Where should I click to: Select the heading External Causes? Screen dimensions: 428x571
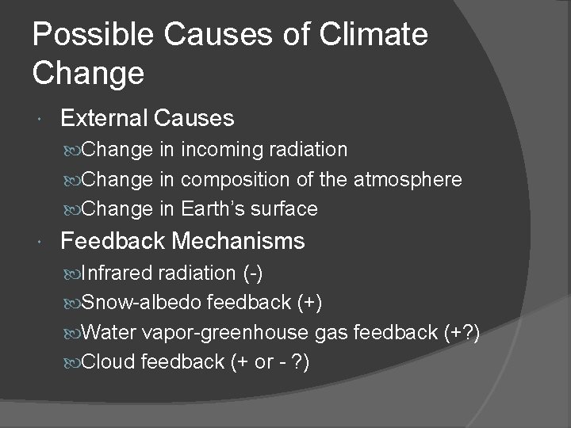click(147, 118)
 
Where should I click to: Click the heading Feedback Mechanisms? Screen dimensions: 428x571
click(182, 240)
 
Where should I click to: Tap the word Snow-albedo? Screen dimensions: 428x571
click(142, 302)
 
